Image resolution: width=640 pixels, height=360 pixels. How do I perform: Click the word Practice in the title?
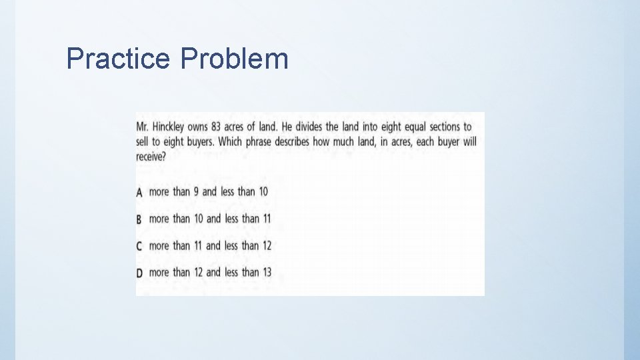(x=118, y=59)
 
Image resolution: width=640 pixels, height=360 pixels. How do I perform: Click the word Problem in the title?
(x=234, y=59)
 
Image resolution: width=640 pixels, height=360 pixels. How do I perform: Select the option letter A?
(x=139, y=192)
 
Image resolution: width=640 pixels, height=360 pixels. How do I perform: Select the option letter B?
(x=139, y=219)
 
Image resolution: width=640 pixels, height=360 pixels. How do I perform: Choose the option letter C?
(x=139, y=246)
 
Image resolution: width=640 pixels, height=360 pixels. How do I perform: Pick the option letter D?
(x=139, y=273)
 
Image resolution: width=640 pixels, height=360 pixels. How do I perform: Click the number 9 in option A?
(x=196, y=192)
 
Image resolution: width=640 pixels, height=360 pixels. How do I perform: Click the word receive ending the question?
(x=149, y=157)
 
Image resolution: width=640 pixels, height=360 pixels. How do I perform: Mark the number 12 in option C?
(x=266, y=245)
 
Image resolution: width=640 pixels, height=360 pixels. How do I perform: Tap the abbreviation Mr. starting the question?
(x=142, y=127)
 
